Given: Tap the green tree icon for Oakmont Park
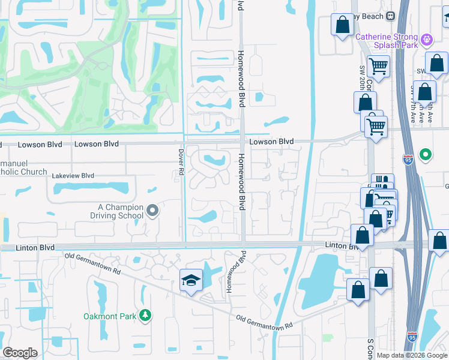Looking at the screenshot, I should pyautogui.click(x=145, y=315).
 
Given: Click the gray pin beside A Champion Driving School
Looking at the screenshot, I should pyautogui.click(x=152, y=211).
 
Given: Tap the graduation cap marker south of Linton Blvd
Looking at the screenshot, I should pyautogui.click(x=191, y=280).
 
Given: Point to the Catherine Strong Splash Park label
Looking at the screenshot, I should pyautogui.click(x=387, y=41).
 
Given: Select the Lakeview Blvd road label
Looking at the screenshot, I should pyautogui.click(x=73, y=176).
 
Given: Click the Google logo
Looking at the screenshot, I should pyautogui.click(x=20, y=353).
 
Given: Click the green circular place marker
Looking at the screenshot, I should pyautogui.click(x=426, y=155).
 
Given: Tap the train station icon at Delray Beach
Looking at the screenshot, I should pyautogui.click(x=391, y=16).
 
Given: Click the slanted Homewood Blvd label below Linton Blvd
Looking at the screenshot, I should pyautogui.click(x=236, y=271).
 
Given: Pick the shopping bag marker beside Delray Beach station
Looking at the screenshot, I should pyautogui.click(x=343, y=25).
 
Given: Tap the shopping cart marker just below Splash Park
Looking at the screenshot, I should pyautogui.click(x=378, y=65).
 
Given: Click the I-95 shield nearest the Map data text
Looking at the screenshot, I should pyautogui.click(x=412, y=338).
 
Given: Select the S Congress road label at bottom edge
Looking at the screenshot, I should pyautogui.click(x=370, y=349).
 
